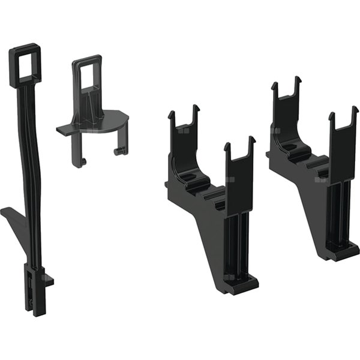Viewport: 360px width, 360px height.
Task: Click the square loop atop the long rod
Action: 23,60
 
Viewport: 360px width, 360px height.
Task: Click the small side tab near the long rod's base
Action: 49,279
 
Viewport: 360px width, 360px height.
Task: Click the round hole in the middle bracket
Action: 191,177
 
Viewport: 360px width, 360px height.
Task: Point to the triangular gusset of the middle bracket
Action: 207,240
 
